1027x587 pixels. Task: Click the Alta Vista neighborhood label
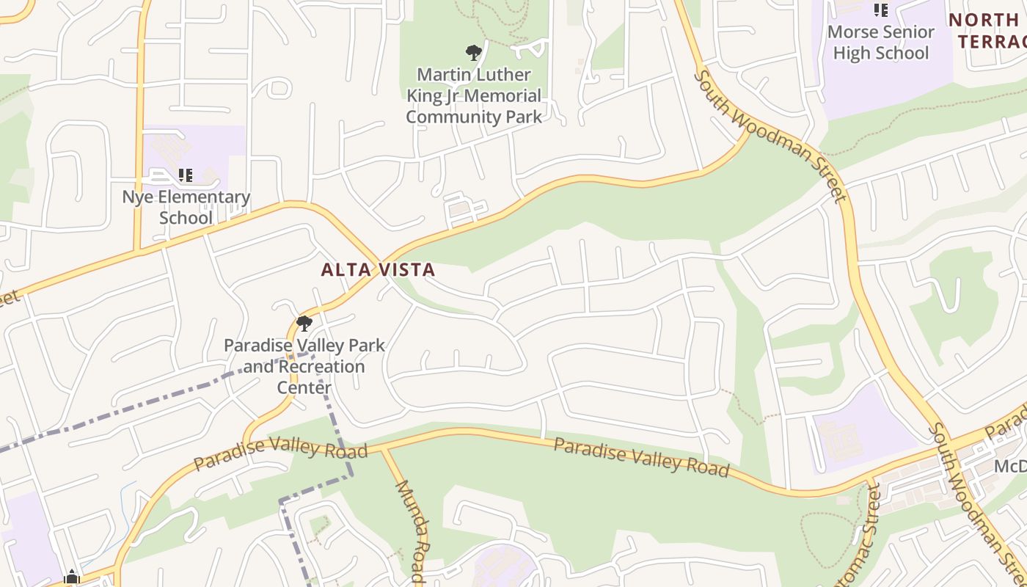pos(379,270)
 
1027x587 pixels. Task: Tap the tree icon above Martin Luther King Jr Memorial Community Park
pos(474,52)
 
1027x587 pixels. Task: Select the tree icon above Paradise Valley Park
pos(304,323)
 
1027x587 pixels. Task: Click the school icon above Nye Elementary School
pos(186,175)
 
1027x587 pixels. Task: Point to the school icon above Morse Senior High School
pos(880,10)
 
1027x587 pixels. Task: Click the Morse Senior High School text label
pos(881,43)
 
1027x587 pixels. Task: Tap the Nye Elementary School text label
pos(186,207)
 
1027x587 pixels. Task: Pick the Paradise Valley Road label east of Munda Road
pos(641,456)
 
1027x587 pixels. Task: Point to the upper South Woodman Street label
pos(770,136)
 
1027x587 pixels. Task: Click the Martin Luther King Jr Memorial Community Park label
pos(474,95)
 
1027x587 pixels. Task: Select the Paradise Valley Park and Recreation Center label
pos(304,365)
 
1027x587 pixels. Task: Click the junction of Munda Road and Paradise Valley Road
pos(382,448)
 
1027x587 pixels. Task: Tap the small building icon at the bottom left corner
pos(71,577)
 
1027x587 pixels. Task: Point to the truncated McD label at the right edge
pos(1009,467)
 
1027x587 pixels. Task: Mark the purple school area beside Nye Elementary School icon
pos(213,147)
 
